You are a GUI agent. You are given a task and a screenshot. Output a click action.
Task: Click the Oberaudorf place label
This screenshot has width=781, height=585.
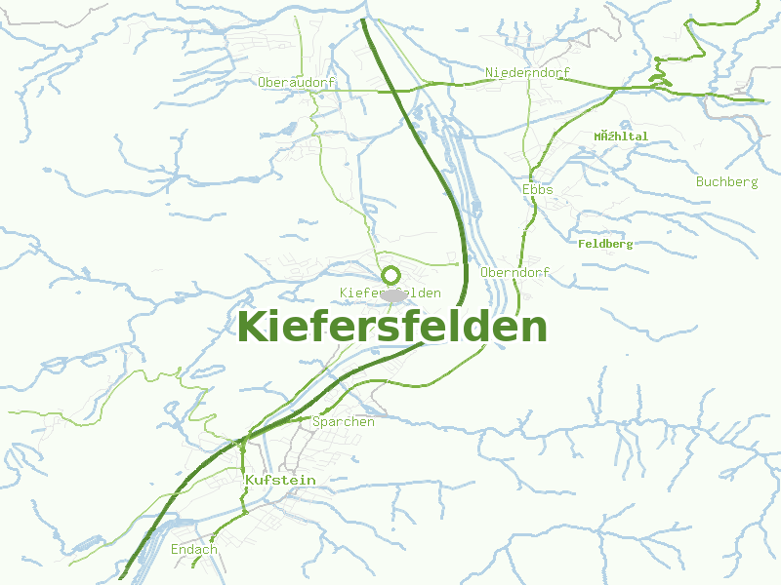[x=297, y=83]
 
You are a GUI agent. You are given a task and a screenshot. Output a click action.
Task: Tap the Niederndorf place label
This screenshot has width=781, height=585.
[x=527, y=73]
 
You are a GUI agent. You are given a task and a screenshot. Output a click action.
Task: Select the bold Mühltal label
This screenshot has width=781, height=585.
[x=621, y=136]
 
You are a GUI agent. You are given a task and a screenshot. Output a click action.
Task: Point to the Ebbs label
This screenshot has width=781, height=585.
[x=538, y=189]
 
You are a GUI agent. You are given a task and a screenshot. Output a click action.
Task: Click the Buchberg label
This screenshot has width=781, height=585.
[x=726, y=182]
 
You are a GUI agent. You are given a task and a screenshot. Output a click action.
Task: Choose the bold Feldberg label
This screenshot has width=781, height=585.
[x=605, y=244]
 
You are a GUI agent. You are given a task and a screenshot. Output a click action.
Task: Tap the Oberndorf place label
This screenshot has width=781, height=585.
[x=515, y=273]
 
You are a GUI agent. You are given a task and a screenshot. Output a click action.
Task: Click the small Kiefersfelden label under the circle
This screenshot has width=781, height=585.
[x=390, y=292]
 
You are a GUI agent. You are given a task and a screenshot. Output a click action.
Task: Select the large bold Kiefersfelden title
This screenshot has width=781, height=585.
[x=391, y=328]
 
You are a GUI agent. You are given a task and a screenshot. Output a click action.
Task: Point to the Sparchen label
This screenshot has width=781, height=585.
[x=344, y=422]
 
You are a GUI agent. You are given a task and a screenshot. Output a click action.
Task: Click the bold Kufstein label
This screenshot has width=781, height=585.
[x=280, y=481]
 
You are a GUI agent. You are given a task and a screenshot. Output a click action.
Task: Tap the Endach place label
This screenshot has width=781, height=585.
[x=194, y=550]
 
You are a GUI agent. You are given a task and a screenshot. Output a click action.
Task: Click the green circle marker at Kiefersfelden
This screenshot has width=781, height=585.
[x=390, y=275]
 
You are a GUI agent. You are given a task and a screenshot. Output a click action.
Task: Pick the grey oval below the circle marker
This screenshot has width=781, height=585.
[x=393, y=294]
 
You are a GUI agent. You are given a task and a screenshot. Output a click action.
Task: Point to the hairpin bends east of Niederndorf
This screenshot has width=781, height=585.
[x=660, y=70]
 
